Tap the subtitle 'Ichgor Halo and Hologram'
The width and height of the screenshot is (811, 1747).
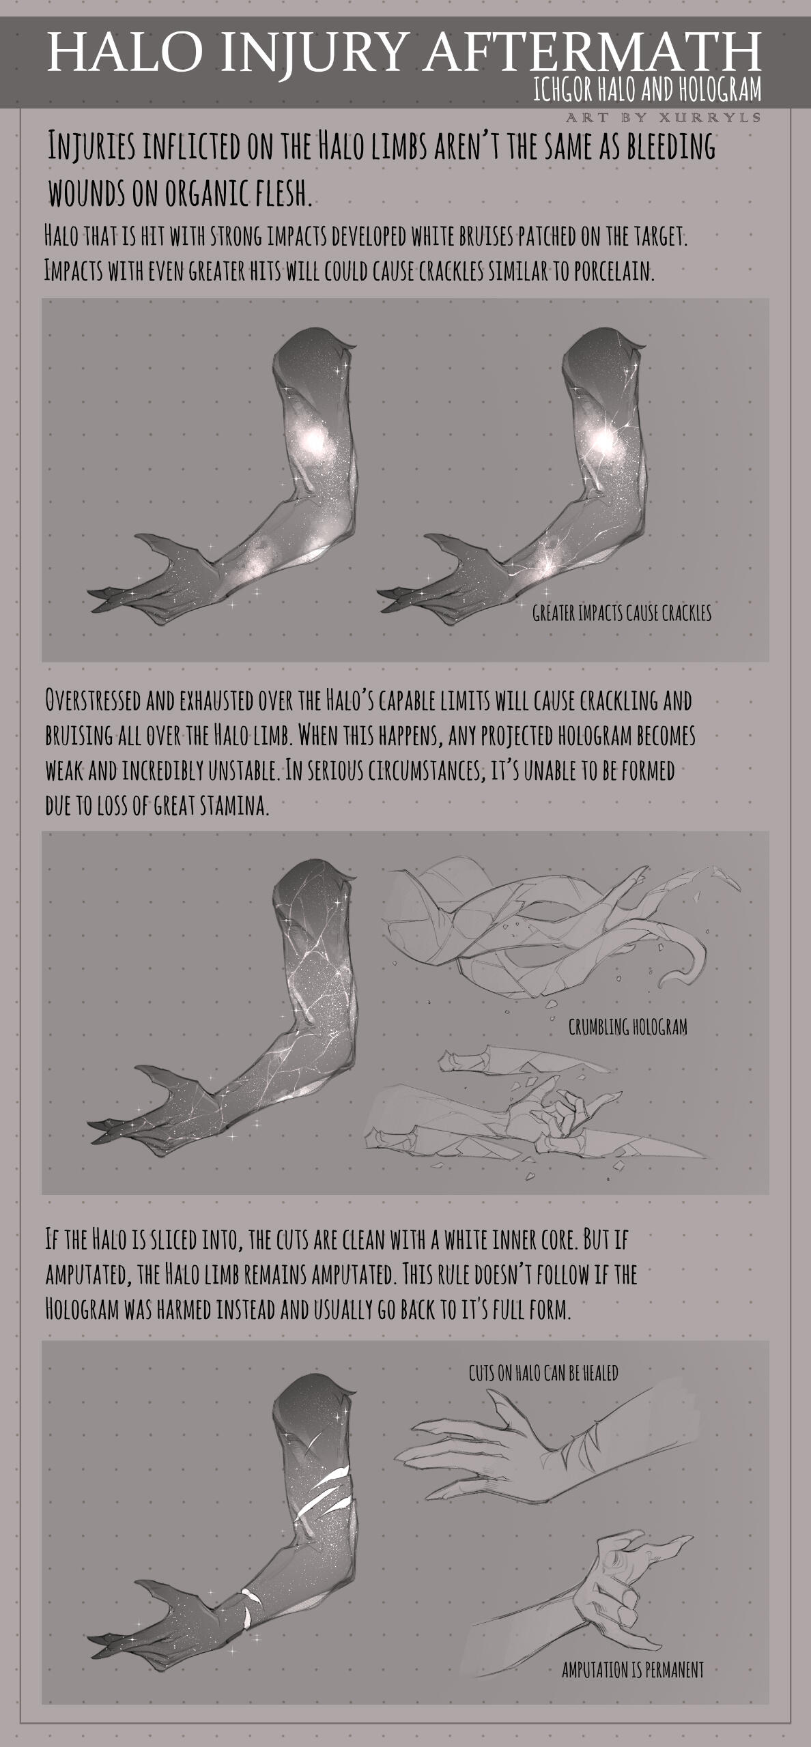(x=647, y=89)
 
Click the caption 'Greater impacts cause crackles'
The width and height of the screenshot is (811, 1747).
(x=622, y=613)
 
